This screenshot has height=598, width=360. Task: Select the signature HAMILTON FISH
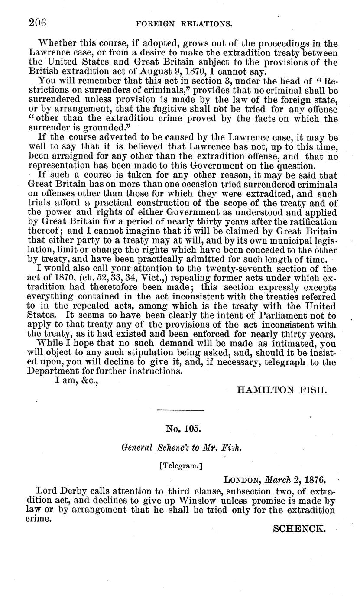click(281, 390)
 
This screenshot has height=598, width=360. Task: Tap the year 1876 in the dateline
click(314, 480)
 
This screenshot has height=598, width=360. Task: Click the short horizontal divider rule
click(181, 410)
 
